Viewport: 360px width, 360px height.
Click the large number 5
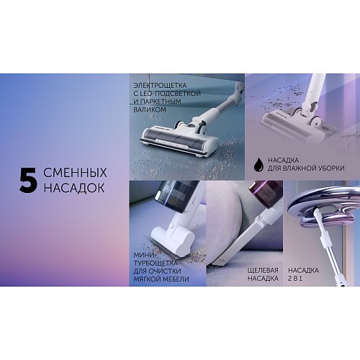click(x=28, y=180)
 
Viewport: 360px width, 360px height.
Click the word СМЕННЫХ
click(x=76, y=173)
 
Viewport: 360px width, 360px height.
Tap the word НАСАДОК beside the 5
click(x=74, y=187)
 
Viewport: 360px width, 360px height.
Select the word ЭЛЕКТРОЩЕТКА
click(x=160, y=86)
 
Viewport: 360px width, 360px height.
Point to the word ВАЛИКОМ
click(x=150, y=109)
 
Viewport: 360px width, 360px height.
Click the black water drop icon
click(x=258, y=164)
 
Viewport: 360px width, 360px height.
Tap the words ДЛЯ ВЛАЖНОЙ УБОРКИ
click(x=306, y=168)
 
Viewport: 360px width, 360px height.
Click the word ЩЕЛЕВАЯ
click(x=263, y=270)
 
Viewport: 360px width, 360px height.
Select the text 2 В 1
click(x=295, y=279)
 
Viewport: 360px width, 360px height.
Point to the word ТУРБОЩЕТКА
click(x=156, y=263)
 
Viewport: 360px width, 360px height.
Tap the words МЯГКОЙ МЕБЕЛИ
click(x=161, y=279)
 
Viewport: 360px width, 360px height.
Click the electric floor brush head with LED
click(x=179, y=139)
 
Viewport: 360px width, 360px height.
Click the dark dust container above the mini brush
click(x=177, y=197)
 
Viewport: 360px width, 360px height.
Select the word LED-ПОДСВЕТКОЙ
click(x=170, y=94)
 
